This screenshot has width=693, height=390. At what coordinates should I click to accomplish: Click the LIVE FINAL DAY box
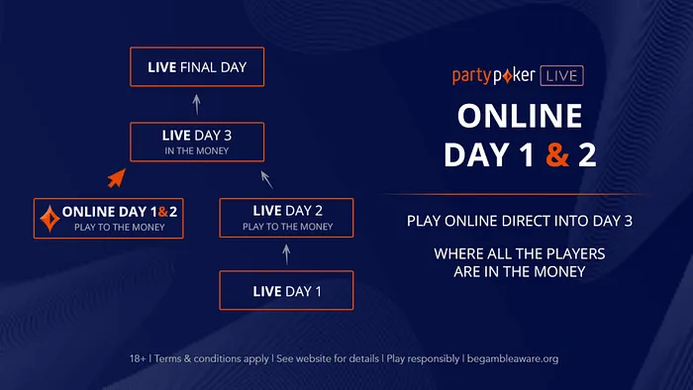click(197, 67)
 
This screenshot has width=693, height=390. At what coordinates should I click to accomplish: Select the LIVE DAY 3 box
click(197, 141)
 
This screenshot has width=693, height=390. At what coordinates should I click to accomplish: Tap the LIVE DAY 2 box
click(285, 217)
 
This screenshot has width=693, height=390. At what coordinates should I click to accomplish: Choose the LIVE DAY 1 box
click(285, 290)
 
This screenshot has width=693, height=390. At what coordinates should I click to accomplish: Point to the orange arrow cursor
click(118, 178)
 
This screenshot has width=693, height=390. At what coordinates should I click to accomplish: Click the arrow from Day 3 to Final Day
click(197, 104)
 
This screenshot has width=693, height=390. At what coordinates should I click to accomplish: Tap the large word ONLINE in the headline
click(519, 116)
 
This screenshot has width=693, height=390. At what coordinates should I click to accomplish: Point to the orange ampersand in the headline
click(557, 155)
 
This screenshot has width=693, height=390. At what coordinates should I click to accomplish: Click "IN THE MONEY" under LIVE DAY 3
click(197, 150)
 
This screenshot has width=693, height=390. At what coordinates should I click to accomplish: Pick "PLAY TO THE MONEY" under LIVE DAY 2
click(285, 227)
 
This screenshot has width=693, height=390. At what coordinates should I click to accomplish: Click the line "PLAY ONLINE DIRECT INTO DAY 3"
click(519, 220)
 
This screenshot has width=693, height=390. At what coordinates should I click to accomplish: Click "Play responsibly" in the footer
click(423, 358)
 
